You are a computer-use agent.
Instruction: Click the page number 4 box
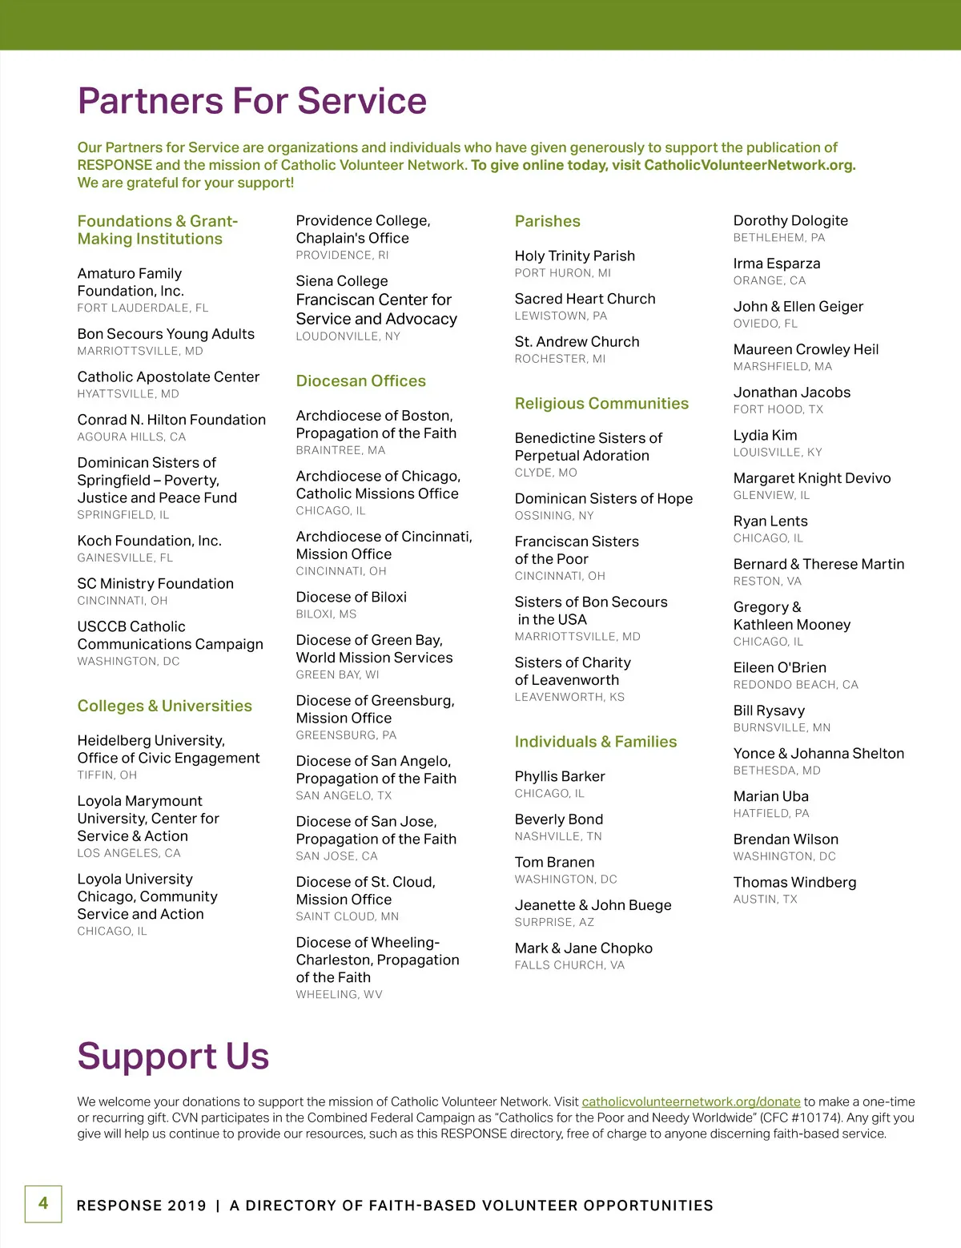point(43,1203)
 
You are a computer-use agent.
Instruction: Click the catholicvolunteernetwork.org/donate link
point(690,1101)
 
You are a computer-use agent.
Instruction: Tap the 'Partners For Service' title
point(251,101)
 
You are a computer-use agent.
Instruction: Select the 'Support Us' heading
point(173,1056)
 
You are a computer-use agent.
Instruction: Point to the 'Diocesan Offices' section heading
point(360,381)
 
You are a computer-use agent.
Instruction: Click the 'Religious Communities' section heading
point(601,404)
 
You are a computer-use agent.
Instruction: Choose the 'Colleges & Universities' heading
point(164,706)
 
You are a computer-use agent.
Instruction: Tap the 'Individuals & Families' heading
point(595,742)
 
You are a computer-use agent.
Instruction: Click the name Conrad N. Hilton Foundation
point(171,420)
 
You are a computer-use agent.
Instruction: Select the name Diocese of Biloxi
point(351,597)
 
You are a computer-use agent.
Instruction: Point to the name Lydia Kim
point(765,435)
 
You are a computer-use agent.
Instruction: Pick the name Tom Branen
point(554,862)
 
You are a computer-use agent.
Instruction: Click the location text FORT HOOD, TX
point(778,409)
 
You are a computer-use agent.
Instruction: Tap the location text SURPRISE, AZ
point(554,922)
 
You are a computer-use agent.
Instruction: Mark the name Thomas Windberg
point(794,882)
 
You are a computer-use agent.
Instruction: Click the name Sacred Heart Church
point(585,299)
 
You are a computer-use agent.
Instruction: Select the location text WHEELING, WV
point(339,994)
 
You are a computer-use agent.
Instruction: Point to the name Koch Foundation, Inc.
point(149,541)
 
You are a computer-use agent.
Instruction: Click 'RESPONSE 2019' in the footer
point(141,1206)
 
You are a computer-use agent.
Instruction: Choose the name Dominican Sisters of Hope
point(603,498)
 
